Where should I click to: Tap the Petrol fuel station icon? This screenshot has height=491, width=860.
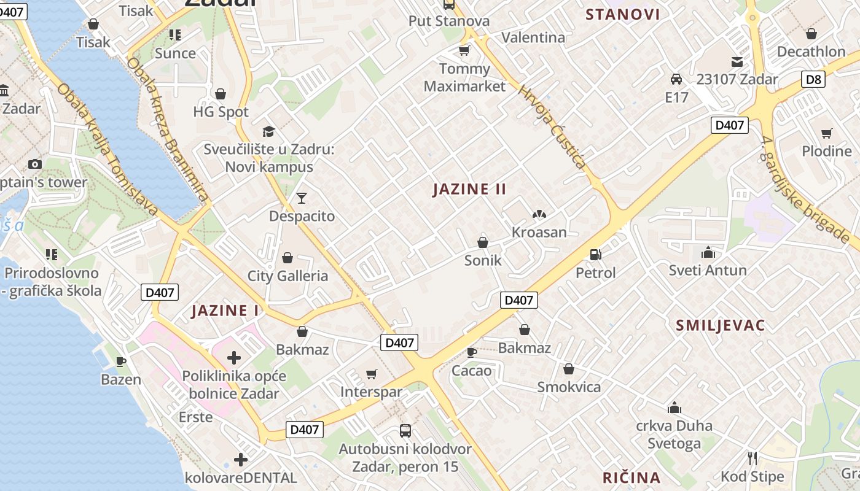(595, 254)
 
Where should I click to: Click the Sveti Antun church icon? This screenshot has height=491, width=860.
(708, 252)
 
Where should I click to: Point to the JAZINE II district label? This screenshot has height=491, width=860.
(469, 189)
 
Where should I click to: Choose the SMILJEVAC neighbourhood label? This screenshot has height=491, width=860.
(721, 325)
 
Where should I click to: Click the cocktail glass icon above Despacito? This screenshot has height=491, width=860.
(302, 198)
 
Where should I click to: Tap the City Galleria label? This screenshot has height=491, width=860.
(287, 276)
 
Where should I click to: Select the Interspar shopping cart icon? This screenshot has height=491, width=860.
(371, 374)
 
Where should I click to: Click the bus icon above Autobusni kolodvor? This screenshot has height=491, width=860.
(405, 430)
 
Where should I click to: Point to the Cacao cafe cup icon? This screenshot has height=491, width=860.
(471, 352)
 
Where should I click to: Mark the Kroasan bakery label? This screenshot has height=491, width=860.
(539, 232)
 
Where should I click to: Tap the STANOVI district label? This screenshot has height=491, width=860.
(622, 15)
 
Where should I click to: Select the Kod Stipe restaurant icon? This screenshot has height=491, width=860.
(752, 458)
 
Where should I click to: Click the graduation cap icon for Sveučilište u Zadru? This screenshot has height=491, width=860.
(268, 131)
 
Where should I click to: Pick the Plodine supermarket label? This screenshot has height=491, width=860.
(826, 151)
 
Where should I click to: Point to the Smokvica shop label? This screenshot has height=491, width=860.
(569, 387)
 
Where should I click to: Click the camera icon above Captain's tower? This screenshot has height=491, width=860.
(35, 164)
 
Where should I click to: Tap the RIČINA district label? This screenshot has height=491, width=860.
(631, 477)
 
